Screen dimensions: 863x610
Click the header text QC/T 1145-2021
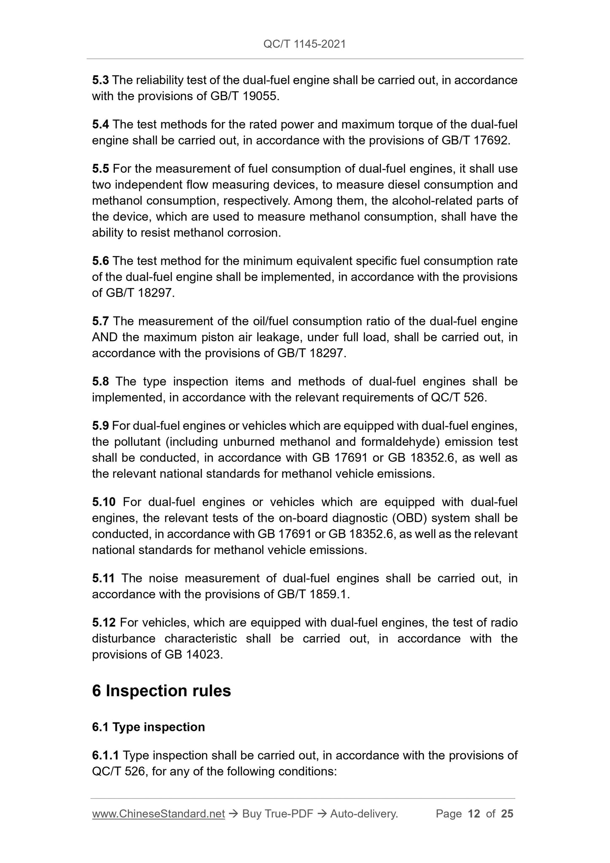pyautogui.click(x=304, y=44)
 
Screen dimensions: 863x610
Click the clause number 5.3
pyautogui.click(x=100, y=80)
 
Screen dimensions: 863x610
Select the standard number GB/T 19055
pyautogui.click(x=244, y=96)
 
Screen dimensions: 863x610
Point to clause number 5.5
pyautogui.click(x=100, y=169)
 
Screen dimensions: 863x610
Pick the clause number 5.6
pyautogui.click(x=100, y=261)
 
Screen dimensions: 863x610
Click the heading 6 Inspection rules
pyautogui.click(x=161, y=691)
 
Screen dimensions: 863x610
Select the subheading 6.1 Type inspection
pyautogui.click(x=148, y=727)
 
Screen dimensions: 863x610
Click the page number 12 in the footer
pyautogui.click(x=474, y=814)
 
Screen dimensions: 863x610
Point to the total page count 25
pyautogui.click(x=507, y=814)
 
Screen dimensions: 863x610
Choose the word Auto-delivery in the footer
pyautogui.click(x=363, y=814)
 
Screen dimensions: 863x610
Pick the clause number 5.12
pyautogui.click(x=104, y=623)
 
